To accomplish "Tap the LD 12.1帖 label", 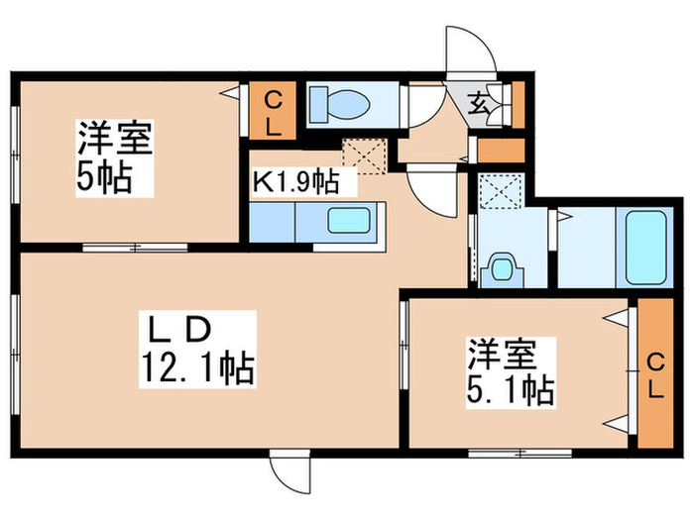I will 198,351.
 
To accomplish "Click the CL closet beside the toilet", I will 274,113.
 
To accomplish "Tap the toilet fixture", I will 337,105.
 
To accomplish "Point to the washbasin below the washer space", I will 504,267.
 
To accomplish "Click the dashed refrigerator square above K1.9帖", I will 362,156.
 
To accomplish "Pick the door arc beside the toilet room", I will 424,106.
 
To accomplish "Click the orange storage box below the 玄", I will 500,152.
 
